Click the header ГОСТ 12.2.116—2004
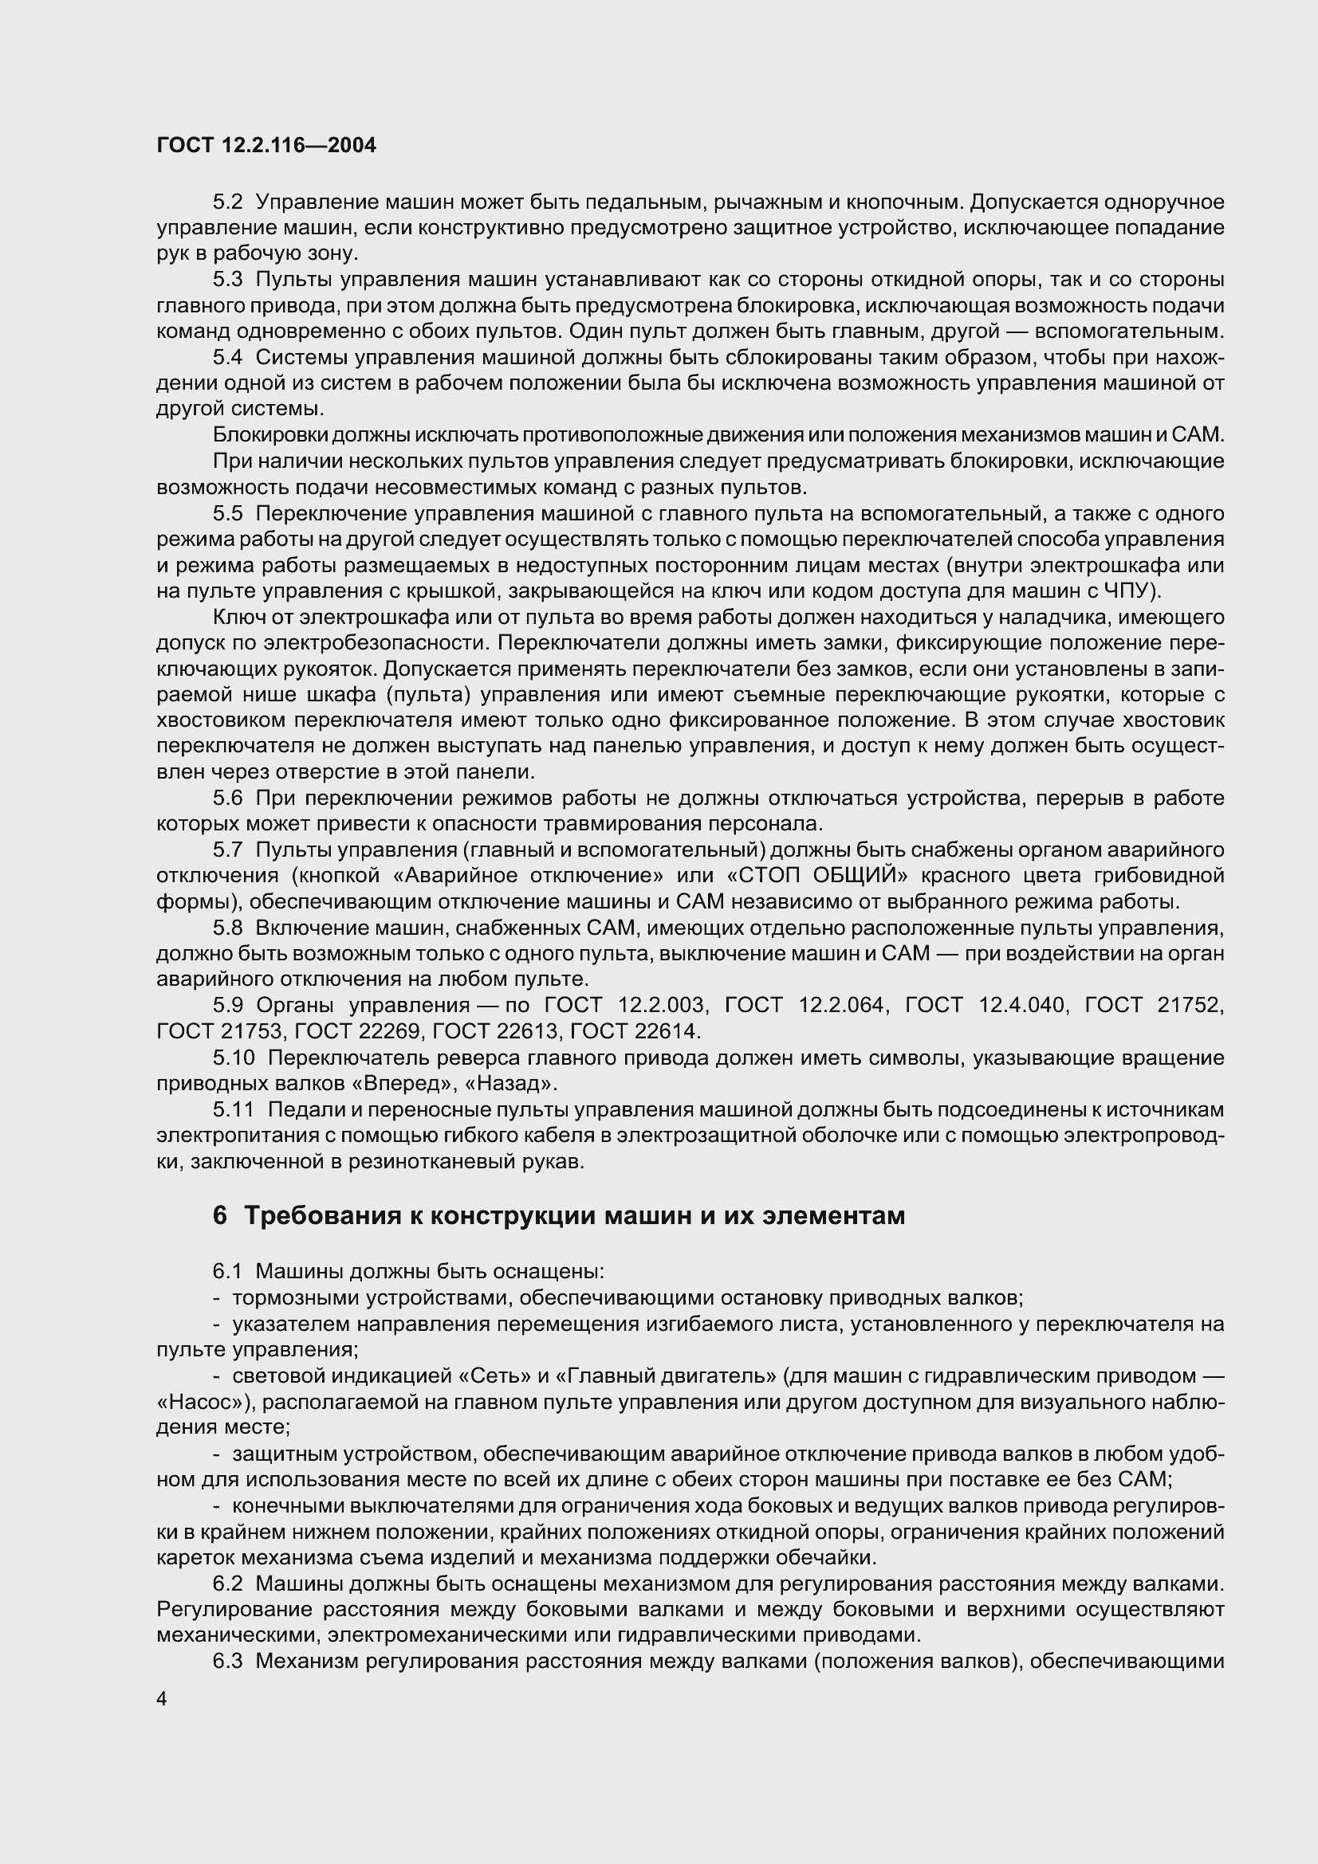266,146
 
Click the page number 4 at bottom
162,1699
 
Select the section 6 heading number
220,1216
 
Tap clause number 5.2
228,202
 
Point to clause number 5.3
228,280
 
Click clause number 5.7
228,850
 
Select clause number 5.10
234,1058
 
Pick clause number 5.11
234,1110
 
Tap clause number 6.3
228,1661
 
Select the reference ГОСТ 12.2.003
626,1006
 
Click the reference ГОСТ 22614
633,1032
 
